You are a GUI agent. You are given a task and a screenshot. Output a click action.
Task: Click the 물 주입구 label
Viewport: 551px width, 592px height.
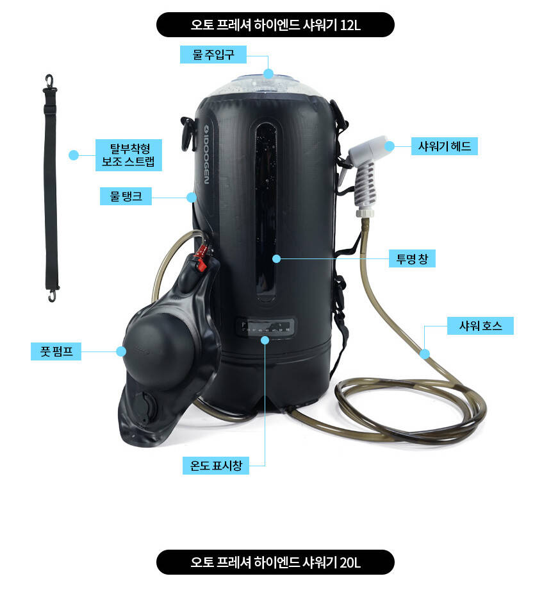tap(213, 55)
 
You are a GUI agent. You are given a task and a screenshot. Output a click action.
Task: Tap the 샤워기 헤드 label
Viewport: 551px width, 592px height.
tap(444, 146)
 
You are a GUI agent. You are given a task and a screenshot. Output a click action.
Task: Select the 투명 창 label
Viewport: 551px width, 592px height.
tap(412, 258)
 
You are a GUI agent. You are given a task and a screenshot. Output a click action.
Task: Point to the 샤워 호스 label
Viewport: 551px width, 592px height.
tap(480, 326)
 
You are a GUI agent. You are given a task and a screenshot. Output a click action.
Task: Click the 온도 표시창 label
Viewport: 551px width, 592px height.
tap(216, 466)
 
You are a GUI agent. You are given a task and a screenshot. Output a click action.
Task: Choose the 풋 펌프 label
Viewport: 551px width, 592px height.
tap(56, 351)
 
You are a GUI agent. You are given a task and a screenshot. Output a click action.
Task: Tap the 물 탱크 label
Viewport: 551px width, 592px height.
tap(126, 196)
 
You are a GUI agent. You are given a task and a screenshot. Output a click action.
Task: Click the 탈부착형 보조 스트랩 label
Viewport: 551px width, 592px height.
tap(129, 155)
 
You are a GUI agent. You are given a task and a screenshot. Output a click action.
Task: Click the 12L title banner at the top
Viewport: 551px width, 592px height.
tap(275, 25)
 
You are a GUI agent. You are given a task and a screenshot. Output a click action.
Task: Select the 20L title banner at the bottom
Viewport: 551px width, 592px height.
tap(275, 562)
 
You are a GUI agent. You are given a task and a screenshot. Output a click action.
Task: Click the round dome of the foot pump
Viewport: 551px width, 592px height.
tap(159, 350)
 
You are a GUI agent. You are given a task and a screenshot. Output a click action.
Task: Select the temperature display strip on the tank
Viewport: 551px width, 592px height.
tap(265, 326)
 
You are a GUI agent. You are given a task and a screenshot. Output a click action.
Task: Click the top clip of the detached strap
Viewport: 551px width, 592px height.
tap(49, 84)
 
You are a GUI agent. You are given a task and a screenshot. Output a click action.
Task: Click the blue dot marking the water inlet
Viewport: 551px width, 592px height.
tap(268, 74)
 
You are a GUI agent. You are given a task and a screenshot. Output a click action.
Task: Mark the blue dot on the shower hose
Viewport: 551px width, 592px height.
tap(425, 354)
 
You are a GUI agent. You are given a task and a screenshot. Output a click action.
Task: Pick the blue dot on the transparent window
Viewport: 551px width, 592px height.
tap(276, 258)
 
